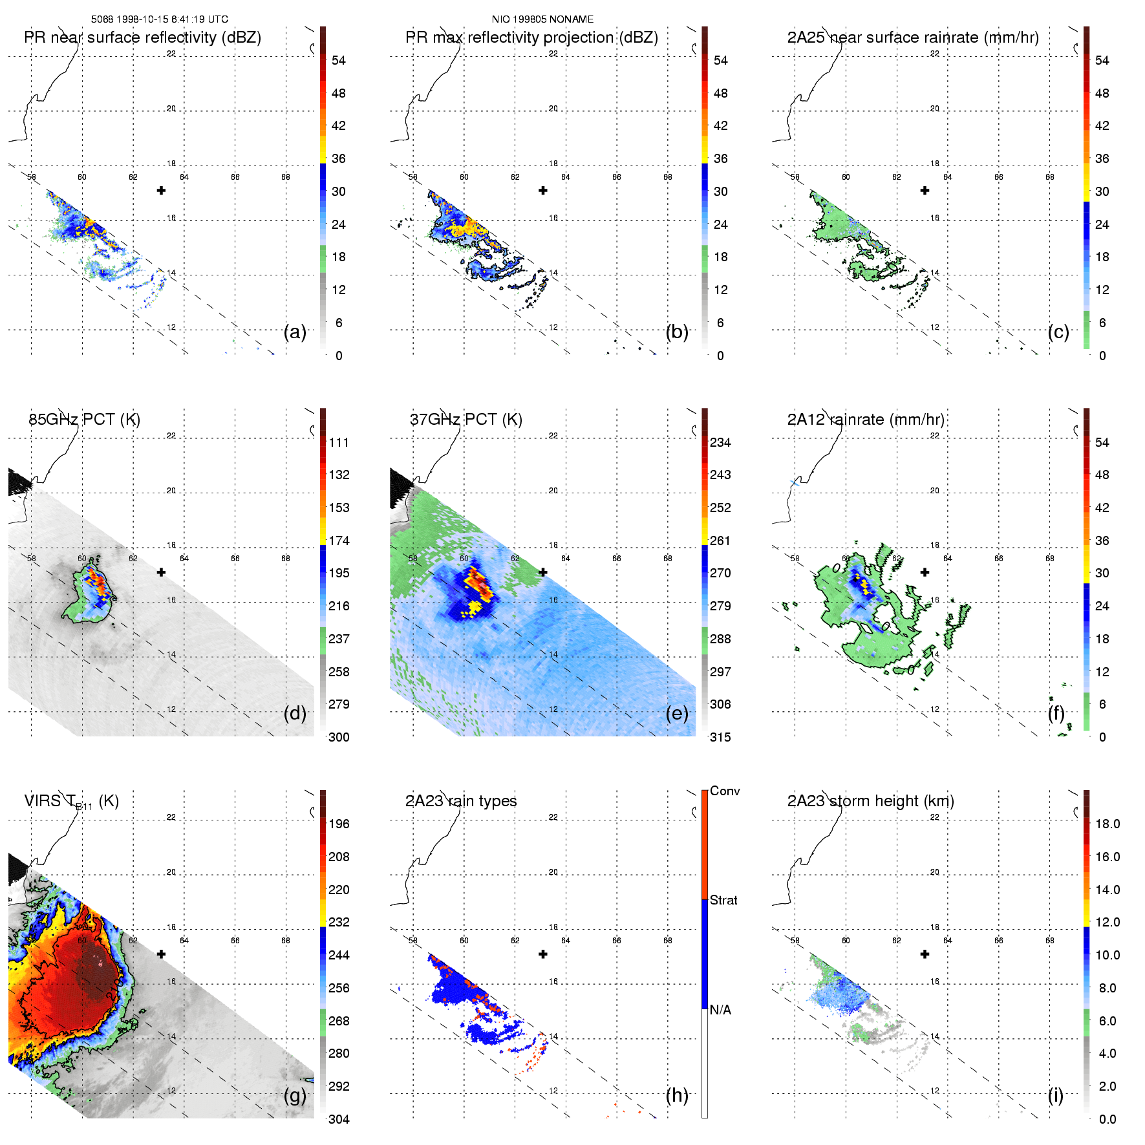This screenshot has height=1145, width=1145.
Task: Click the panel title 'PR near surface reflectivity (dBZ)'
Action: click(142, 37)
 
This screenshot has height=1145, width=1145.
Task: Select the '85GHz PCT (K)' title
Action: click(84, 420)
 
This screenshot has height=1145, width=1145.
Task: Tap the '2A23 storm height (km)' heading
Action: click(870, 801)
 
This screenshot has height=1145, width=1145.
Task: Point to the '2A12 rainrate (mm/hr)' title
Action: click(865, 420)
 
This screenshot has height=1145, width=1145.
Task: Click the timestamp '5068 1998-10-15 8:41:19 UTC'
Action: click(159, 19)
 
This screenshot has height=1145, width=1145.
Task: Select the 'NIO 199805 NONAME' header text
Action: click(542, 19)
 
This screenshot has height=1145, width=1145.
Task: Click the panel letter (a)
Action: click(295, 332)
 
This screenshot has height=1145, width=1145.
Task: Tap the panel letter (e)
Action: click(677, 713)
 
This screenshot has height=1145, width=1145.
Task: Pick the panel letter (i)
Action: click(1055, 1095)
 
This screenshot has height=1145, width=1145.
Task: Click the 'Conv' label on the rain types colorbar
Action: click(725, 791)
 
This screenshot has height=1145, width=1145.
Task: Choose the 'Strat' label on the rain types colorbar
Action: click(723, 900)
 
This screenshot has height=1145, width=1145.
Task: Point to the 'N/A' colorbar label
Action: click(721, 1010)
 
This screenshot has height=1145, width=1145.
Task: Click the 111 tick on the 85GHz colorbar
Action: click(339, 442)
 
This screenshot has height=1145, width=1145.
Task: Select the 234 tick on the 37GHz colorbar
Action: click(720, 442)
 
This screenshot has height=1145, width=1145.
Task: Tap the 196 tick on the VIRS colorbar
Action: click(339, 824)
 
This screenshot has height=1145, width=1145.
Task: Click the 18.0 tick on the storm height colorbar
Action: click(1107, 824)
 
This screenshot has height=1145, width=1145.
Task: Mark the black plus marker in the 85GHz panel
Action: click(161, 572)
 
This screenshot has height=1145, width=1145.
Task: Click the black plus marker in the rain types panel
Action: click(543, 954)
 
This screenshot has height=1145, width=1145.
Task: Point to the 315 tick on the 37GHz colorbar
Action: click(720, 737)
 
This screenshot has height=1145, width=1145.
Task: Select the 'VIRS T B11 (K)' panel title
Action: click(71, 802)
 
